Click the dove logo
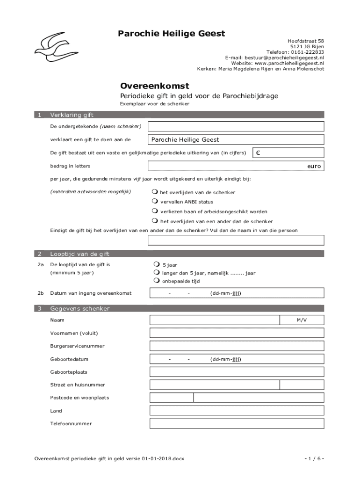coord(49,47)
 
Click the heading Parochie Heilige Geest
coord(171,34)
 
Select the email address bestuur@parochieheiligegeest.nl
coord(274,58)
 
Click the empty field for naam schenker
coord(236,126)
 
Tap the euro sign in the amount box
coord(258,153)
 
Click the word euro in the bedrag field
coord(314,166)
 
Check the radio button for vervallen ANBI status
coord(155,202)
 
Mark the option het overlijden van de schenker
coord(155,192)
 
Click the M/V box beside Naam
coord(302,320)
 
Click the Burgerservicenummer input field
coord(237,346)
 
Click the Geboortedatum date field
coord(237,359)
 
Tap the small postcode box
coord(172,398)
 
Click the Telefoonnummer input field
coord(237,423)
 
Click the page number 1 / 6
coord(314,458)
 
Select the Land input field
coord(237,410)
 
